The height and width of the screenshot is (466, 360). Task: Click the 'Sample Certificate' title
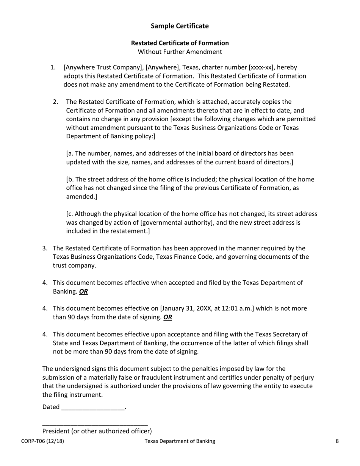(180, 26)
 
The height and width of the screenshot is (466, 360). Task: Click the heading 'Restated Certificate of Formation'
(180, 43)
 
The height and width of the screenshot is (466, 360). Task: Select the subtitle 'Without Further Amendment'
(180, 52)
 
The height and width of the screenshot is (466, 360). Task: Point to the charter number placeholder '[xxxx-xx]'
(261, 67)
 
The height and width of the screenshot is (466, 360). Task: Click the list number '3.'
(45, 248)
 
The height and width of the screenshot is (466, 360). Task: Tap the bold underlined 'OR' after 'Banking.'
(83, 291)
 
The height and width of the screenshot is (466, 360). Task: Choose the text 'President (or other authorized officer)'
(97, 431)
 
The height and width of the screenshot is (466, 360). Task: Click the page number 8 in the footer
(337, 441)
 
